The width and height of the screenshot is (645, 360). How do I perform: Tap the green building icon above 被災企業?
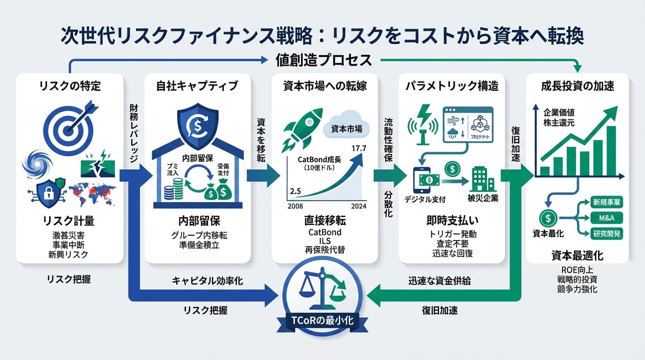coord(482,180)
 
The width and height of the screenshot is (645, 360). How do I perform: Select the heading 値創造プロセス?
coord(323,60)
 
